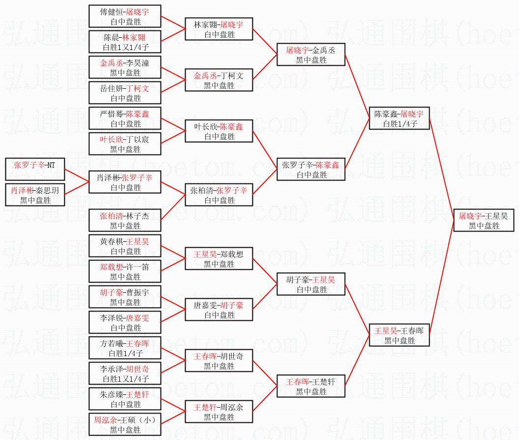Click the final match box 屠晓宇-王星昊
pos(483,220)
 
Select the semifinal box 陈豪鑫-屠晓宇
pos(399,118)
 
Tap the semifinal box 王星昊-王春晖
pos(399,335)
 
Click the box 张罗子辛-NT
pos(34,169)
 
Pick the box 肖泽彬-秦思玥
pos(34,195)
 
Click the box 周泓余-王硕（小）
pos(125,424)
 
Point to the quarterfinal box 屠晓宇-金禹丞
pos(311,54)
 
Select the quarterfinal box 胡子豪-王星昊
pos(311,284)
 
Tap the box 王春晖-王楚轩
pos(311,386)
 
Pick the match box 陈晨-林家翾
pos(125,42)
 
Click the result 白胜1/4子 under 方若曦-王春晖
pos(125,353)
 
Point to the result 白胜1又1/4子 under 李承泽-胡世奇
pos(125,379)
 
